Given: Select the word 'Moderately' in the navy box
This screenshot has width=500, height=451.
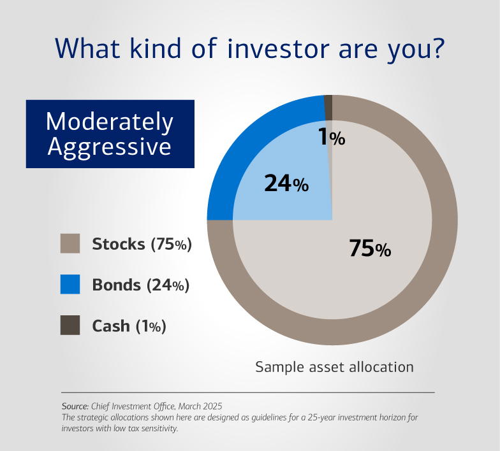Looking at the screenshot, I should (x=110, y=122).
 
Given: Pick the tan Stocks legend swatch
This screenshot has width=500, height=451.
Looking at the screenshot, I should (x=70, y=244).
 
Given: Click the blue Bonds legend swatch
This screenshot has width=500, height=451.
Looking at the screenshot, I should (x=70, y=285).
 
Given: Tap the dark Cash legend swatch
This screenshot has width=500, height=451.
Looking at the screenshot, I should (x=70, y=325).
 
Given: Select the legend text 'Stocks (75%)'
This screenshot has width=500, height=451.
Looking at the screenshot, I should (x=142, y=244).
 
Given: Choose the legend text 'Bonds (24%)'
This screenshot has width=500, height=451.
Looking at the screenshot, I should (x=140, y=285).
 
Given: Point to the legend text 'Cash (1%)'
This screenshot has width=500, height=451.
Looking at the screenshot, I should (x=129, y=326).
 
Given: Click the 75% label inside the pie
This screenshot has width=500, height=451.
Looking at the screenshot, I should (x=369, y=249).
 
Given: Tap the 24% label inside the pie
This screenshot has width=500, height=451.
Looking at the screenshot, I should (x=286, y=184).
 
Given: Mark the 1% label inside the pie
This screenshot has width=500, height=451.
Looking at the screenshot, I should (x=332, y=138).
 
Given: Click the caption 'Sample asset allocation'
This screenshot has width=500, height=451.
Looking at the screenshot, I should (x=334, y=367).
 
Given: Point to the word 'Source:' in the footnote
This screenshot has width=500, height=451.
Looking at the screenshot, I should (x=75, y=406).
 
